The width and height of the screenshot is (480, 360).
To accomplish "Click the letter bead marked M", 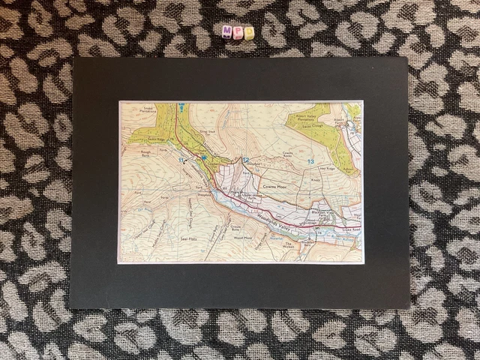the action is pyautogui.click(x=227, y=32).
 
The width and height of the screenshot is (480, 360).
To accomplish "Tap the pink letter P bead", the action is pyautogui.click(x=238, y=32).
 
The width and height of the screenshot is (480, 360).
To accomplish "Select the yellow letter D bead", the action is pyautogui.click(x=249, y=32).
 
